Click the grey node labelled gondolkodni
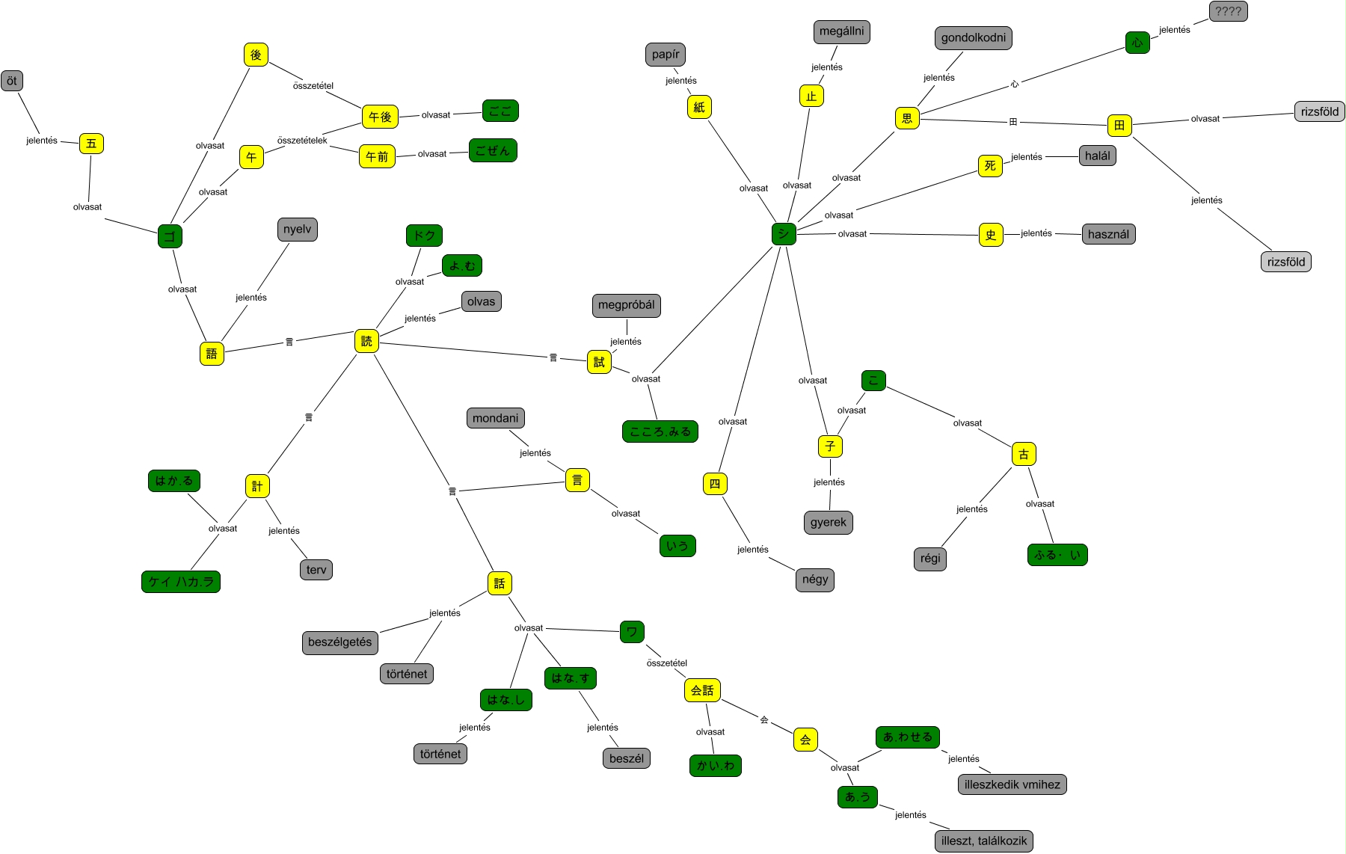click(973, 38)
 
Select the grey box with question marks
click(1228, 11)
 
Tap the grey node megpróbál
click(626, 305)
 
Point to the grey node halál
click(1097, 156)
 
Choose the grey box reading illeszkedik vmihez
click(1012, 784)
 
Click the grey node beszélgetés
click(339, 642)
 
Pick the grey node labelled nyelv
click(297, 230)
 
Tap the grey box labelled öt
click(12, 81)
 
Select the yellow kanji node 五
click(91, 144)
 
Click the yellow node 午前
click(377, 156)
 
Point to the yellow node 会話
click(702, 690)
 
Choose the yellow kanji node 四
click(715, 484)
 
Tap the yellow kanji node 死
click(990, 166)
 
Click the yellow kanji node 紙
click(699, 107)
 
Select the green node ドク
click(425, 236)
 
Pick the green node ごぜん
click(493, 150)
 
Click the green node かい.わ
click(715, 765)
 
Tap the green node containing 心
click(1137, 43)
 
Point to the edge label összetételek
click(302, 141)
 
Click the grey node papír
click(666, 55)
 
